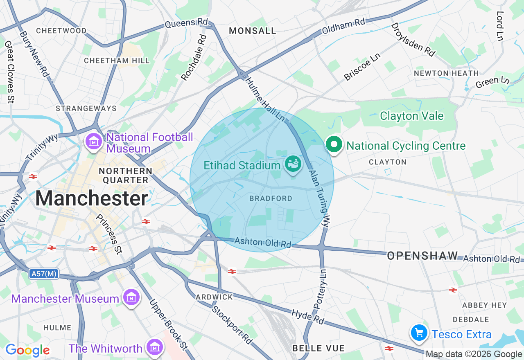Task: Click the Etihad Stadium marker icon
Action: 294,164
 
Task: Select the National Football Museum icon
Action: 94,142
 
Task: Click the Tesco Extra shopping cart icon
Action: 419,333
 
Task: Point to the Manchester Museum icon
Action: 131,298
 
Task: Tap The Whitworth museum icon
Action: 154,348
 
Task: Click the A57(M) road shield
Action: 44,274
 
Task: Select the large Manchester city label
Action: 91,198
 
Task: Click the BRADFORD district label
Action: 271,198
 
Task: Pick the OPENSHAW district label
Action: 422,256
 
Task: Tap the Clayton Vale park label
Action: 411,116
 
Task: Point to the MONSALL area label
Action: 253,31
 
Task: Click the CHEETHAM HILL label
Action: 117,61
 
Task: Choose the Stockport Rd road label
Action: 232,324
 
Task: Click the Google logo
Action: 27,350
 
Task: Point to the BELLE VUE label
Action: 318,348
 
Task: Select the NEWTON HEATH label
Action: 446,73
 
